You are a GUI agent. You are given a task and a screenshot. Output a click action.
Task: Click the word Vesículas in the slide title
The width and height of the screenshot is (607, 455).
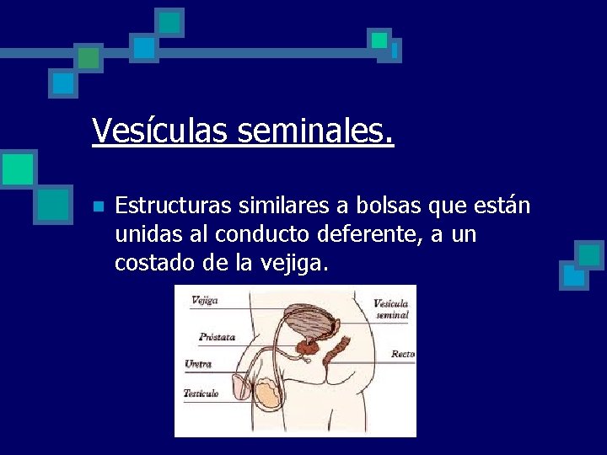click(160, 131)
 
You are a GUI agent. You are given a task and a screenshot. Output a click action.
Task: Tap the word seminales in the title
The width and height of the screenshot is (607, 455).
click(315, 131)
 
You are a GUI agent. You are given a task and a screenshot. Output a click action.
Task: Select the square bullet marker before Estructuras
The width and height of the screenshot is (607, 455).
click(98, 206)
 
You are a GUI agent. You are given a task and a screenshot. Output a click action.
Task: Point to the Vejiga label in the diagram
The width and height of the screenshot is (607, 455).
click(205, 300)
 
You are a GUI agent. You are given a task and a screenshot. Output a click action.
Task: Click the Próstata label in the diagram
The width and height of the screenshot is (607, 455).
click(217, 337)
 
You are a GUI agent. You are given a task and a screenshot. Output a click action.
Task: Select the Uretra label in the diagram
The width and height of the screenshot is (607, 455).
click(198, 365)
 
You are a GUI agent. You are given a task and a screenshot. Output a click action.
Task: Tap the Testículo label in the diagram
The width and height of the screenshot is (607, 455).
click(201, 393)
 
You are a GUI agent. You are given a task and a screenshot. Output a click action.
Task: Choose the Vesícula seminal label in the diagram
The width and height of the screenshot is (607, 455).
click(391, 309)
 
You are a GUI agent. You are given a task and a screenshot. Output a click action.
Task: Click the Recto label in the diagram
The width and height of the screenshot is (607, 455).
click(402, 355)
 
